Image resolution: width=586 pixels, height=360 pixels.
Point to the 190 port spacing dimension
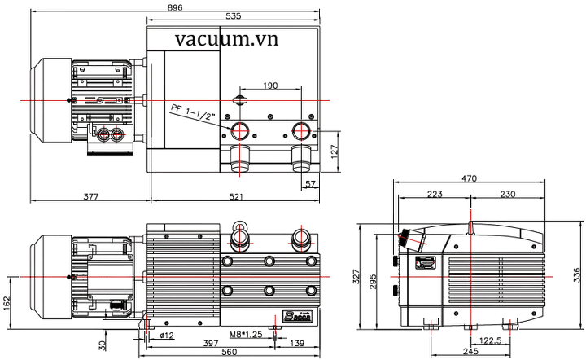tap(272, 85)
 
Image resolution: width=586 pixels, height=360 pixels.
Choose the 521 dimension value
tap(236, 196)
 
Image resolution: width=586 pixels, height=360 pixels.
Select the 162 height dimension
tap(7, 303)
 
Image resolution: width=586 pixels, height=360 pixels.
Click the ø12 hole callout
tap(167, 335)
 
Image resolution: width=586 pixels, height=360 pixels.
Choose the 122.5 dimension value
tap(491, 342)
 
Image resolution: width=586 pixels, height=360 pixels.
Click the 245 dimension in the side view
tap(468, 352)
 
